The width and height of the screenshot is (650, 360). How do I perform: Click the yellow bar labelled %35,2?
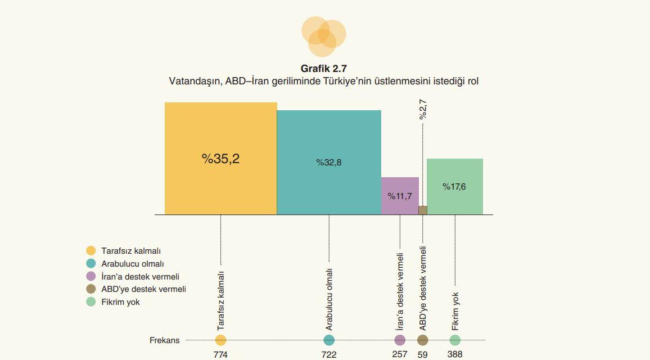(x=220, y=158)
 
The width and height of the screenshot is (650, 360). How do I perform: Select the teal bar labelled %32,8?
(x=329, y=163)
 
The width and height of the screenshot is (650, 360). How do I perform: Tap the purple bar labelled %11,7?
(x=400, y=196)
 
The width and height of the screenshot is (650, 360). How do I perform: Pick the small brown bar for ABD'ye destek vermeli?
(x=423, y=210)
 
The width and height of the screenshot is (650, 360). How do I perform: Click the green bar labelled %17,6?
(x=454, y=186)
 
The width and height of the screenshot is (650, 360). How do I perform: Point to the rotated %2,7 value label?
(x=423, y=109)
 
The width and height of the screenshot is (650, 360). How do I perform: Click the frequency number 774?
(x=220, y=354)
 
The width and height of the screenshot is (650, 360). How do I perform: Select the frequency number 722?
(x=329, y=354)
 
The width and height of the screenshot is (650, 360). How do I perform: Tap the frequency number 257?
(x=400, y=354)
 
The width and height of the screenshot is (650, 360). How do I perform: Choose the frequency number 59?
(x=423, y=354)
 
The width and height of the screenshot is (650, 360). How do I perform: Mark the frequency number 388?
(x=455, y=354)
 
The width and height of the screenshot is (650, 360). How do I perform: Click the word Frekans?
(x=164, y=340)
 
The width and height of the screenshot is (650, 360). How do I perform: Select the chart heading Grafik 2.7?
(x=324, y=69)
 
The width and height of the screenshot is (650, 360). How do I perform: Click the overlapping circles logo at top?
(x=323, y=36)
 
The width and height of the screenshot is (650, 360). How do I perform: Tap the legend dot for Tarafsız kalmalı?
(x=91, y=251)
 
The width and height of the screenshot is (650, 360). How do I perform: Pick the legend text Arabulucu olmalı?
(x=133, y=264)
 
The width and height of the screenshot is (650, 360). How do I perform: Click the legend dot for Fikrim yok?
(x=91, y=302)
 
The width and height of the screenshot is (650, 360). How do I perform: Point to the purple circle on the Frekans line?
(x=400, y=340)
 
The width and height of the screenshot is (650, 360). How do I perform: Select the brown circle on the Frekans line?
(x=423, y=340)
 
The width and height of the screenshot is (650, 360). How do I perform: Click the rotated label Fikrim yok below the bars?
(x=455, y=311)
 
